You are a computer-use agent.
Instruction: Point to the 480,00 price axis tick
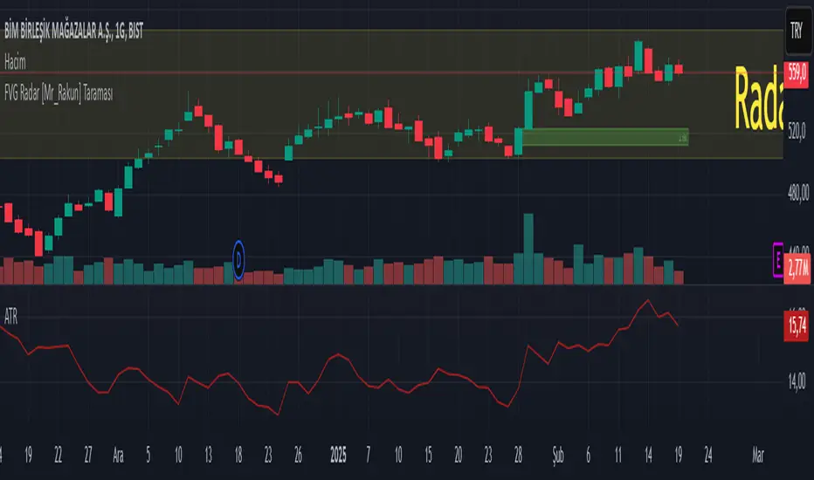pyautogui.click(x=797, y=196)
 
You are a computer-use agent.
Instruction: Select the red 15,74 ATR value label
pyautogui.click(x=797, y=327)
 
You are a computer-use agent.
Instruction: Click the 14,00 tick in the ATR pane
pyautogui.click(x=797, y=381)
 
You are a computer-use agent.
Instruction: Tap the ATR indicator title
pyautogui.click(x=11, y=320)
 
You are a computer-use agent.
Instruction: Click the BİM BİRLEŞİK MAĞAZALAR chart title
pyautogui.click(x=74, y=32)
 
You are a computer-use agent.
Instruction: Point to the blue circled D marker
pyautogui.click(x=239, y=258)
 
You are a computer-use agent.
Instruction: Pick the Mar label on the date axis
pyautogui.click(x=758, y=455)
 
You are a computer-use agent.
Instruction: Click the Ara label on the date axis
pyautogui.click(x=119, y=455)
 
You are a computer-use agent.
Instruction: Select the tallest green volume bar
pyautogui.click(x=528, y=248)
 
